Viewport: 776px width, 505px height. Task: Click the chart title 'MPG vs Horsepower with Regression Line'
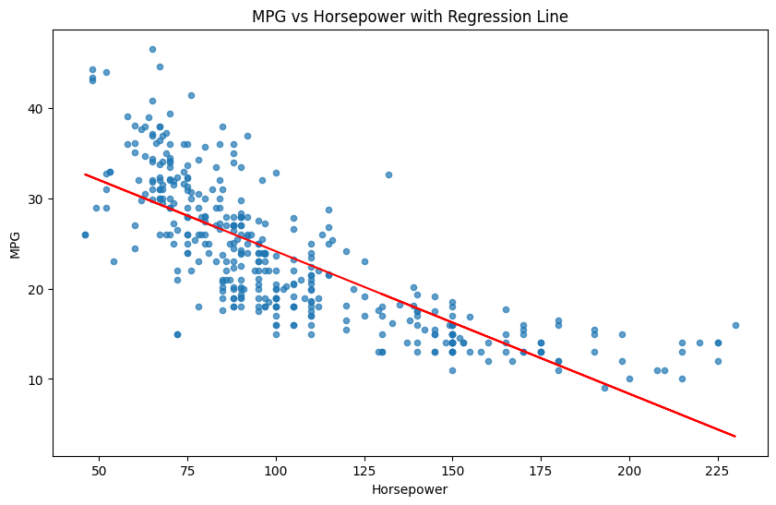[410, 16]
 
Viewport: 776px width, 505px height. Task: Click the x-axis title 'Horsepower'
[410, 489]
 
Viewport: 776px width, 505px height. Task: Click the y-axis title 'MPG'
[16, 244]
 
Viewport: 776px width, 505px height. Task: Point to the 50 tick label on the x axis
[99, 471]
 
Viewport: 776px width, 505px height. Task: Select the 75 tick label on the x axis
[187, 471]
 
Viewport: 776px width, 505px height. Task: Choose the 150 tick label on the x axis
[452, 471]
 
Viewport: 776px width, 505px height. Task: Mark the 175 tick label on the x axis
[541, 471]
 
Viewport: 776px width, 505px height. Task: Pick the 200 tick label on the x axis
[629, 471]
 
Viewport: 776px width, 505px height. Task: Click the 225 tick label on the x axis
[718, 471]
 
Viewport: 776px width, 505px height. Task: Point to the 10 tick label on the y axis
[39, 379]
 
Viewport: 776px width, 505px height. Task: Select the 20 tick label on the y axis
[39, 289]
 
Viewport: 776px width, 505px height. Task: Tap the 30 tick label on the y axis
[39, 199]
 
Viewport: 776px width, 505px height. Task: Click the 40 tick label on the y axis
[39, 109]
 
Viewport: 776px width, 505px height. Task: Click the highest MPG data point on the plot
[152, 50]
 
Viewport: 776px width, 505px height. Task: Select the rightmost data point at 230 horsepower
[735, 325]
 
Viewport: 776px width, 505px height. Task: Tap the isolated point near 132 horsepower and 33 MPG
[388, 174]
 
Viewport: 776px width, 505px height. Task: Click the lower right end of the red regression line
[735, 436]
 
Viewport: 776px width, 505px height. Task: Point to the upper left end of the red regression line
[85, 174]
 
